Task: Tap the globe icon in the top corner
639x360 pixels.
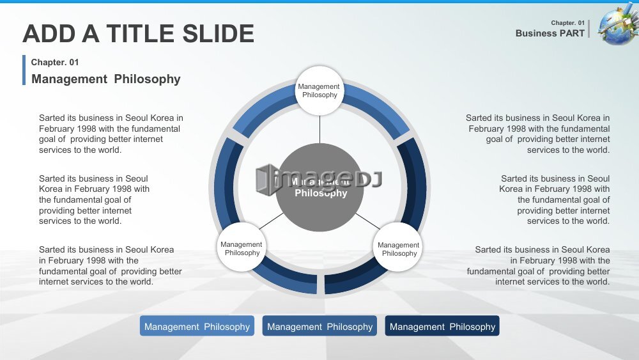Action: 618,25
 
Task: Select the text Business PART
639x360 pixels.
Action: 550,33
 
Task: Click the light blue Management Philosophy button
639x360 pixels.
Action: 197,325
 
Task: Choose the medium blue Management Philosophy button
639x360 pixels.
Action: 319,325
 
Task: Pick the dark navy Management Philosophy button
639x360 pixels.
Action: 442,325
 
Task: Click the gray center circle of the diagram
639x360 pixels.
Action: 320,187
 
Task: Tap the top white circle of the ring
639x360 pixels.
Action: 319,91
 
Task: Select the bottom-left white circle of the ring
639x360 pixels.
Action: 242,247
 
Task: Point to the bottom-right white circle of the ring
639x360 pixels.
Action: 397,247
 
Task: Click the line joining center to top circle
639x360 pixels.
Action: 319,130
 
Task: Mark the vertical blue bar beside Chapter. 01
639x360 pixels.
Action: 24,70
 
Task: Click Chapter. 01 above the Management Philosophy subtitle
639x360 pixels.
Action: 54,63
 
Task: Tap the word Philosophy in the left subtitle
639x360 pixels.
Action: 147,79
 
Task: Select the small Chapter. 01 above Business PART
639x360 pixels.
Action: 567,23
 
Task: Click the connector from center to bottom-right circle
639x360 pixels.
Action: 368,221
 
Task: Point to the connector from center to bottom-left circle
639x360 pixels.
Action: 271,221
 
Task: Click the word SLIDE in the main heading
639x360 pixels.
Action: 218,33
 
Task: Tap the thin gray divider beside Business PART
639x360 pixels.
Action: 589,29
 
